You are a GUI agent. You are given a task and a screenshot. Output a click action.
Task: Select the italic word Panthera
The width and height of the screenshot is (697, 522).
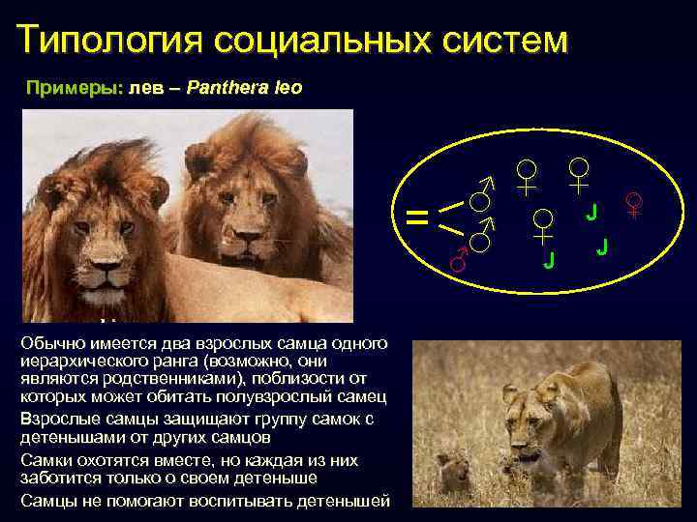pos(227,88)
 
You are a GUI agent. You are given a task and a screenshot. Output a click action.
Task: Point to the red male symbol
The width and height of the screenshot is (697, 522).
pos(459,256)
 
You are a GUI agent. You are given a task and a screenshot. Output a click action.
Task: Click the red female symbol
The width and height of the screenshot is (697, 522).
pos(635,205)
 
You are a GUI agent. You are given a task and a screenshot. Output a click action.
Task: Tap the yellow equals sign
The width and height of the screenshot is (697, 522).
pos(417,217)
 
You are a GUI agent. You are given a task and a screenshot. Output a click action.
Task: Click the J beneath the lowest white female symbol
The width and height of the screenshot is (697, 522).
pos(548,259)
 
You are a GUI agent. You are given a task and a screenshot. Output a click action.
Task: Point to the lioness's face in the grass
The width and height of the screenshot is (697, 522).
pos(516,406)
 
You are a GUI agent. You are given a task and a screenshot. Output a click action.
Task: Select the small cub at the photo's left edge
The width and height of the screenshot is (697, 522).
pos(453,473)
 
